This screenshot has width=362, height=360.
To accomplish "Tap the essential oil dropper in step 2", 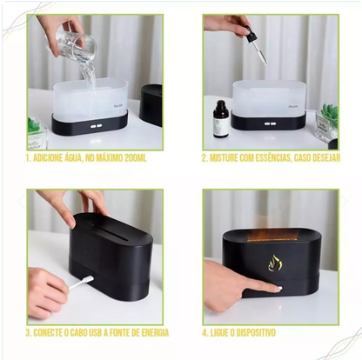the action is click(x=256, y=44).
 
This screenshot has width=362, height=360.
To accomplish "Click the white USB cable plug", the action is click(x=88, y=280).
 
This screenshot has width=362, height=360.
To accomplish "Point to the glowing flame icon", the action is click(x=274, y=263).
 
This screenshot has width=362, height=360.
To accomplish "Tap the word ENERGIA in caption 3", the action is click(x=155, y=333).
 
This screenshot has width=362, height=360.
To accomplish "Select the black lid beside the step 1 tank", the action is click(x=151, y=105).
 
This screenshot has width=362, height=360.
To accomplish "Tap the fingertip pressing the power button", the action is click(x=276, y=288).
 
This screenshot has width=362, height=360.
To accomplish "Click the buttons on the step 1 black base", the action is click(x=97, y=126).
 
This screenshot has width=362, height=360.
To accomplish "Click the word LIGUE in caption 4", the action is click(x=218, y=333).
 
